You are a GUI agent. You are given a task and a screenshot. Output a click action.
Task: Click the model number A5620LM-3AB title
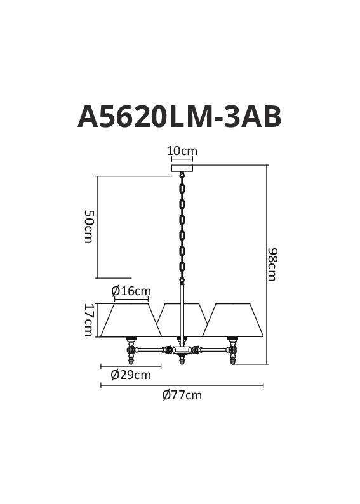pos(179,117)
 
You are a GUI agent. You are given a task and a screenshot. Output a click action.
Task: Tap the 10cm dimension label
pos(182,150)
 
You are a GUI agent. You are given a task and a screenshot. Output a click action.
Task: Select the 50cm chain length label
pos(88,226)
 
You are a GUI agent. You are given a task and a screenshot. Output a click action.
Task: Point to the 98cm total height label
pos(272,265)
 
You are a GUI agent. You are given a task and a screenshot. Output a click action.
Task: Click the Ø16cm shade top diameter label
pos(131,291)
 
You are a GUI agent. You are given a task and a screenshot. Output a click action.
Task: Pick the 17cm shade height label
pos(88,320)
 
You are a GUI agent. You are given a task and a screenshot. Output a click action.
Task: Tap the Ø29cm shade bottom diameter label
pos(131,375)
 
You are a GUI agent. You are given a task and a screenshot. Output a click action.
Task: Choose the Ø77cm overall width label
pos(182,395)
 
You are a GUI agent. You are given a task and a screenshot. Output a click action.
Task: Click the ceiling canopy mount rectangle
pos(182,168)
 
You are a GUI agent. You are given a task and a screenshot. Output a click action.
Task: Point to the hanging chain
pos(182,229)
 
